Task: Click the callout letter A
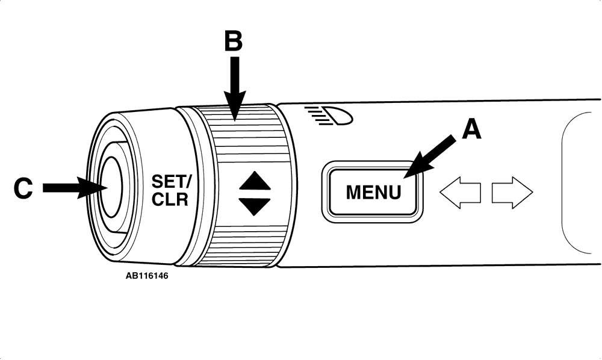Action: pyautogui.click(x=471, y=129)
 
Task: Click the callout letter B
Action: pyautogui.click(x=233, y=42)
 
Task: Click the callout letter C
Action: pyautogui.click(x=23, y=188)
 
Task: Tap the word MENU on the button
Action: pyautogui.click(x=373, y=192)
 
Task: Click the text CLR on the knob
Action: pyautogui.click(x=169, y=200)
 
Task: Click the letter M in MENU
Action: pyautogui.click(x=353, y=192)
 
